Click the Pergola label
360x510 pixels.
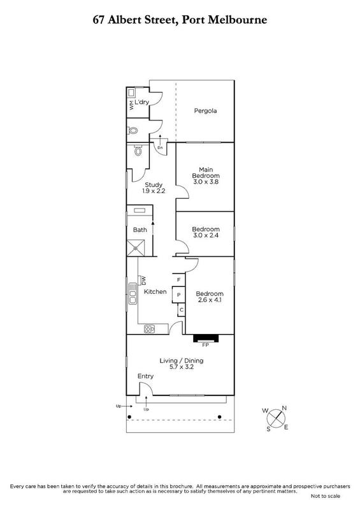point(205,111)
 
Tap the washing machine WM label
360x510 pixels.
point(131,105)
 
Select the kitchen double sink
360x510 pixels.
point(133,294)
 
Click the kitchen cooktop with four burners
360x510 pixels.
point(149,329)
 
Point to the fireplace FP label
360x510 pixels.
point(205,345)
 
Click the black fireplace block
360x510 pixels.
point(206,339)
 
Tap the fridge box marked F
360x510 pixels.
point(178,279)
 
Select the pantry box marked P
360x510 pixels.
point(178,295)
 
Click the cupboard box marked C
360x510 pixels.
point(181,310)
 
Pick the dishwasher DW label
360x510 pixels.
point(143,280)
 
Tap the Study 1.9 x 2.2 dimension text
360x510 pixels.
point(154,191)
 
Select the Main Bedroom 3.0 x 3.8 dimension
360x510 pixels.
point(206,182)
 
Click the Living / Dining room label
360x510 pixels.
point(182,360)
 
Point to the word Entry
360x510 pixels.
point(145,376)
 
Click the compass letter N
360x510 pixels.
point(284,408)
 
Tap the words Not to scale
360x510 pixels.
point(326,496)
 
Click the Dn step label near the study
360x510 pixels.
point(160,148)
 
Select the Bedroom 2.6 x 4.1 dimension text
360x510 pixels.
point(210,300)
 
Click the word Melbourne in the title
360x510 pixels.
point(238,20)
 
